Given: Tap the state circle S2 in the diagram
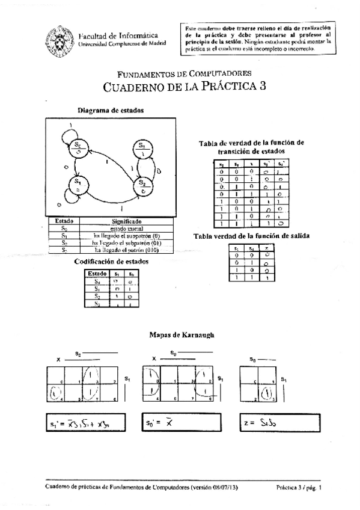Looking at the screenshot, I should point(141,183).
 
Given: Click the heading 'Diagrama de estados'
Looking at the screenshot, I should point(111,110).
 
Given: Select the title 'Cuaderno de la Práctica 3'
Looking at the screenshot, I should point(185,86).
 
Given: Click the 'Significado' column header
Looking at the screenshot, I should point(126,221).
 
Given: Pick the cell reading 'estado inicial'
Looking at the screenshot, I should point(126,229).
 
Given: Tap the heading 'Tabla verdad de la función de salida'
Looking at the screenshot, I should point(251,236).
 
